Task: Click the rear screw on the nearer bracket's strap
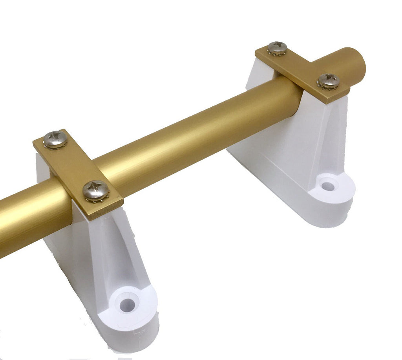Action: click(x=55, y=139)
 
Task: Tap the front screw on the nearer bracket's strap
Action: click(x=96, y=191)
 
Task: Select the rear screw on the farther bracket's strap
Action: click(x=278, y=48)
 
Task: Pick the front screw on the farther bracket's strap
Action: click(x=329, y=81)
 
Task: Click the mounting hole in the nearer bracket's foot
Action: click(x=127, y=305)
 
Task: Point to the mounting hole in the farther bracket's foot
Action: click(x=328, y=186)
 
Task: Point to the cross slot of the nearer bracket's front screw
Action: click(x=96, y=190)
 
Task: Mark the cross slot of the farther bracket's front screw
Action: click(x=329, y=80)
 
